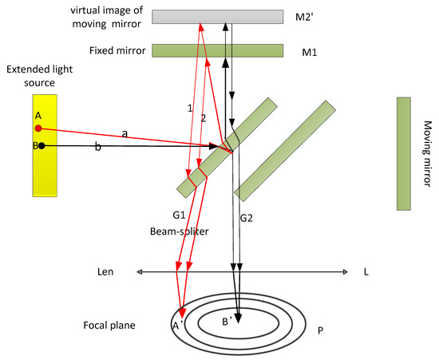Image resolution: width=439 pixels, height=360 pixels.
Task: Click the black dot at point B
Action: coord(42,146)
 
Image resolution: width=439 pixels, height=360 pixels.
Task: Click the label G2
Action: coord(247,215)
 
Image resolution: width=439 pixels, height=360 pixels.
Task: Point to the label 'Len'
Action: coord(106,272)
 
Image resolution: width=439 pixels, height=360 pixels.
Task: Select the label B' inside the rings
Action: coord(229,321)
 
